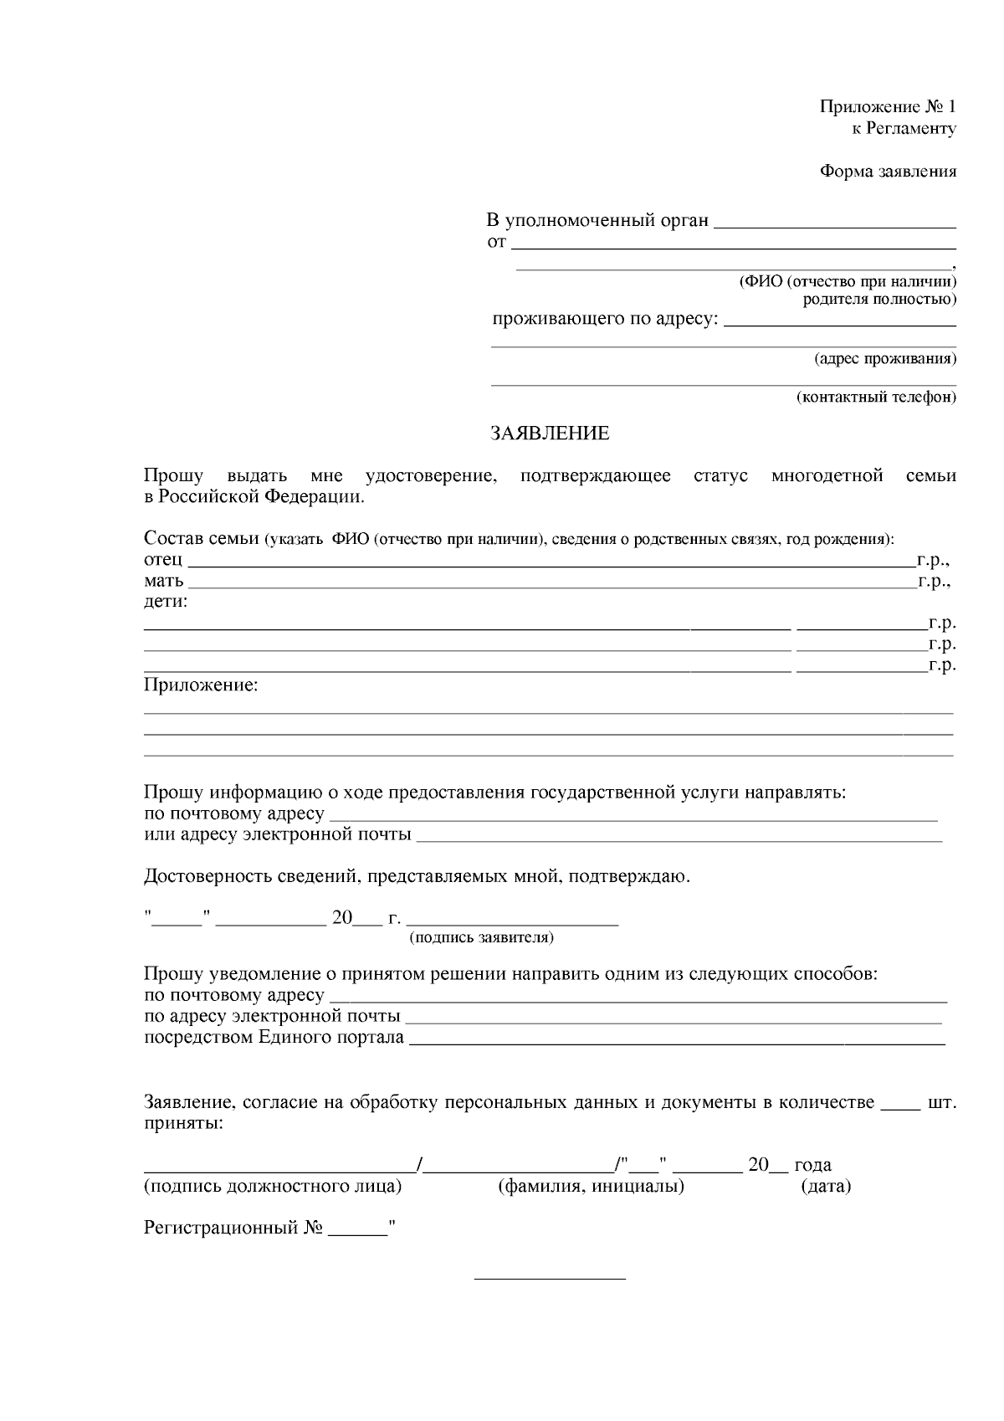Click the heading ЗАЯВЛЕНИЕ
click(x=550, y=433)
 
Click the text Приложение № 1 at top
click(x=887, y=107)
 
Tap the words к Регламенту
click(x=904, y=129)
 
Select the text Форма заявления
click(x=887, y=172)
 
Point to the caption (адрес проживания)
click(x=885, y=359)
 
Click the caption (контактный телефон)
click(x=876, y=397)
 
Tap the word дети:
click(x=166, y=602)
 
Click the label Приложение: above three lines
click(x=201, y=685)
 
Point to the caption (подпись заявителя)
click(x=481, y=937)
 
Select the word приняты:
click(x=183, y=1123)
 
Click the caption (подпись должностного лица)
click(x=273, y=1186)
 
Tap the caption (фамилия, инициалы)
click(x=591, y=1186)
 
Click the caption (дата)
click(x=825, y=1186)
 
